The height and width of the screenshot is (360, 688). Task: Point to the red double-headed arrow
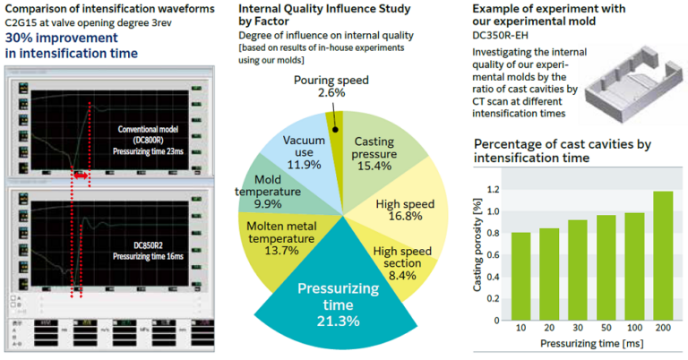click(81, 178)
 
